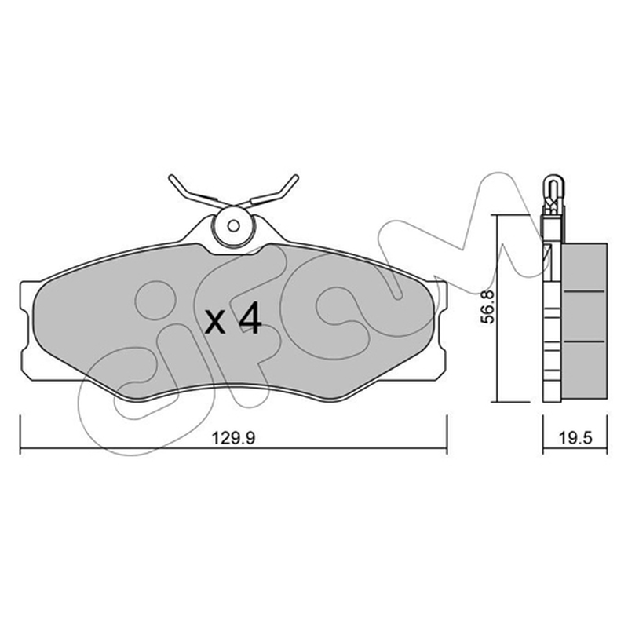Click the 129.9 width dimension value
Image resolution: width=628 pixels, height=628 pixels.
click(233, 438)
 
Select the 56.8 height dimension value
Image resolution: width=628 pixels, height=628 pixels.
click(487, 307)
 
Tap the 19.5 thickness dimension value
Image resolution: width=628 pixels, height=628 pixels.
click(576, 438)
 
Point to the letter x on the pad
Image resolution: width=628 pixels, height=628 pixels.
click(214, 322)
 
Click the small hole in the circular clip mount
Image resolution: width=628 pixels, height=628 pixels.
click(233, 226)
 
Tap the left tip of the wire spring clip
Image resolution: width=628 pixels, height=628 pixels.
click(171, 177)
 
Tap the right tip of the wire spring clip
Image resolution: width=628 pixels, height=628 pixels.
click(296, 177)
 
